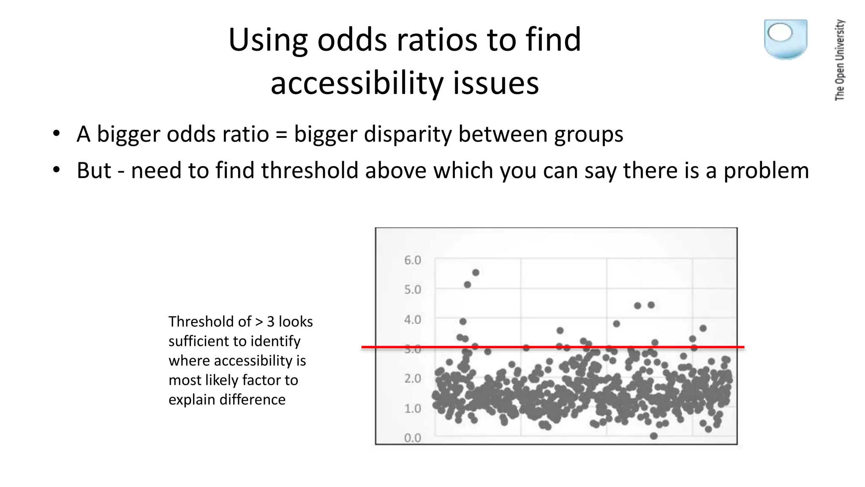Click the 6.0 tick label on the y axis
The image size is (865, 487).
(x=412, y=260)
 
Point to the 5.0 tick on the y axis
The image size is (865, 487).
(x=412, y=290)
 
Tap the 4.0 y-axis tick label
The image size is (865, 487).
(x=412, y=320)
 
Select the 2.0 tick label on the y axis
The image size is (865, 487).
(x=412, y=378)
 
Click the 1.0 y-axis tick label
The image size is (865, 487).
(x=412, y=408)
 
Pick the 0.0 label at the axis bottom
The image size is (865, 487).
(x=412, y=438)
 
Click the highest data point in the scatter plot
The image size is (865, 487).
(x=476, y=273)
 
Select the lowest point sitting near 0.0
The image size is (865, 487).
(x=654, y=436)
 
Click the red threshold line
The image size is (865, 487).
(x=549, y=347)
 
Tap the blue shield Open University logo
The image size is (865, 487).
(x=785, y=39)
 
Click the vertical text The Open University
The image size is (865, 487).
(x=840, y=60)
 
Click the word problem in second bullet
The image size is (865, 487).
(x=766, y=171)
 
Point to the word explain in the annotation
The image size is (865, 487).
(x=192, y=400)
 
